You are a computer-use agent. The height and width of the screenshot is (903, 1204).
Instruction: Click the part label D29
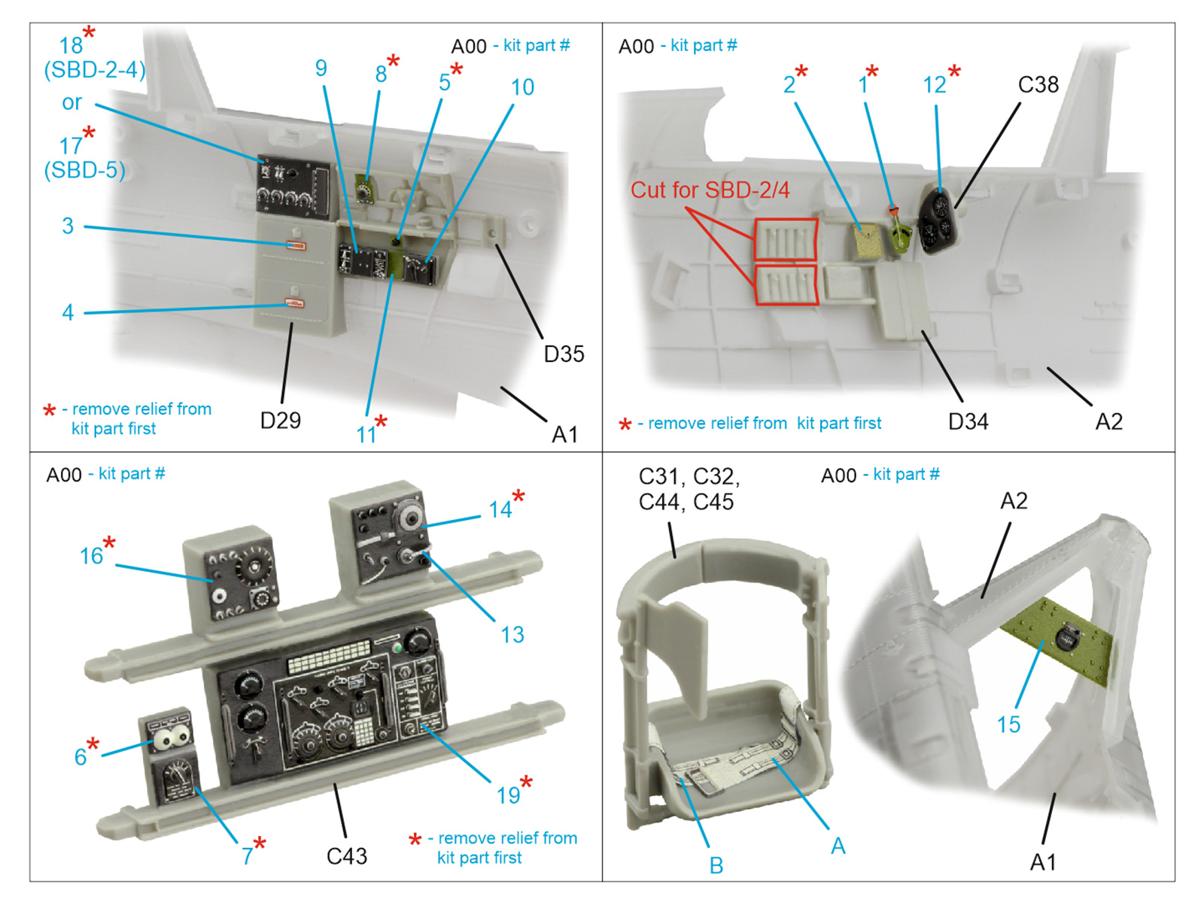280,420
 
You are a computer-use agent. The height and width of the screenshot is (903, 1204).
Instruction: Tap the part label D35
564,354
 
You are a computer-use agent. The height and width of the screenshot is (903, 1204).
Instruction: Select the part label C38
1038,84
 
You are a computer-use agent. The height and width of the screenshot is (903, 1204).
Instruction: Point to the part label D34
968,421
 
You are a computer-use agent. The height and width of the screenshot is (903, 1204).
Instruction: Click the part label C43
346,856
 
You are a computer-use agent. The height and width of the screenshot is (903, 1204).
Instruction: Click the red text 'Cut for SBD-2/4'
710,190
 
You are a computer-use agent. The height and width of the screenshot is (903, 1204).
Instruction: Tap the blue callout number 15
1008,725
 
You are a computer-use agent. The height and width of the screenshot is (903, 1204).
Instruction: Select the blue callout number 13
512,634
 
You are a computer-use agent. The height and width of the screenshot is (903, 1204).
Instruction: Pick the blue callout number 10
522,87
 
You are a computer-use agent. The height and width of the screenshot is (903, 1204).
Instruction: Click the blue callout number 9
321,68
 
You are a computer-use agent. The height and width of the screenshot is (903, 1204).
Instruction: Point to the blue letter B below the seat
716,865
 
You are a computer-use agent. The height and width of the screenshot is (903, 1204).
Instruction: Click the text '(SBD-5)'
84,170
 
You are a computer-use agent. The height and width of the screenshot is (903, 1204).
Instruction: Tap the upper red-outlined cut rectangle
786,240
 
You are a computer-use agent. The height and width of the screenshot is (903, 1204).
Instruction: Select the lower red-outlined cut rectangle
786,285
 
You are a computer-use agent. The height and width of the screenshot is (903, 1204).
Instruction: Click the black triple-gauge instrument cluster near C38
940,220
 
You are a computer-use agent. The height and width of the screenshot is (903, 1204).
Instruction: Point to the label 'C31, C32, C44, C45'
689,488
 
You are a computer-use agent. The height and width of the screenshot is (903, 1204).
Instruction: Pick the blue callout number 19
508,795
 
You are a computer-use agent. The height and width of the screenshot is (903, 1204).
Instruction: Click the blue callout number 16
91,556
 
